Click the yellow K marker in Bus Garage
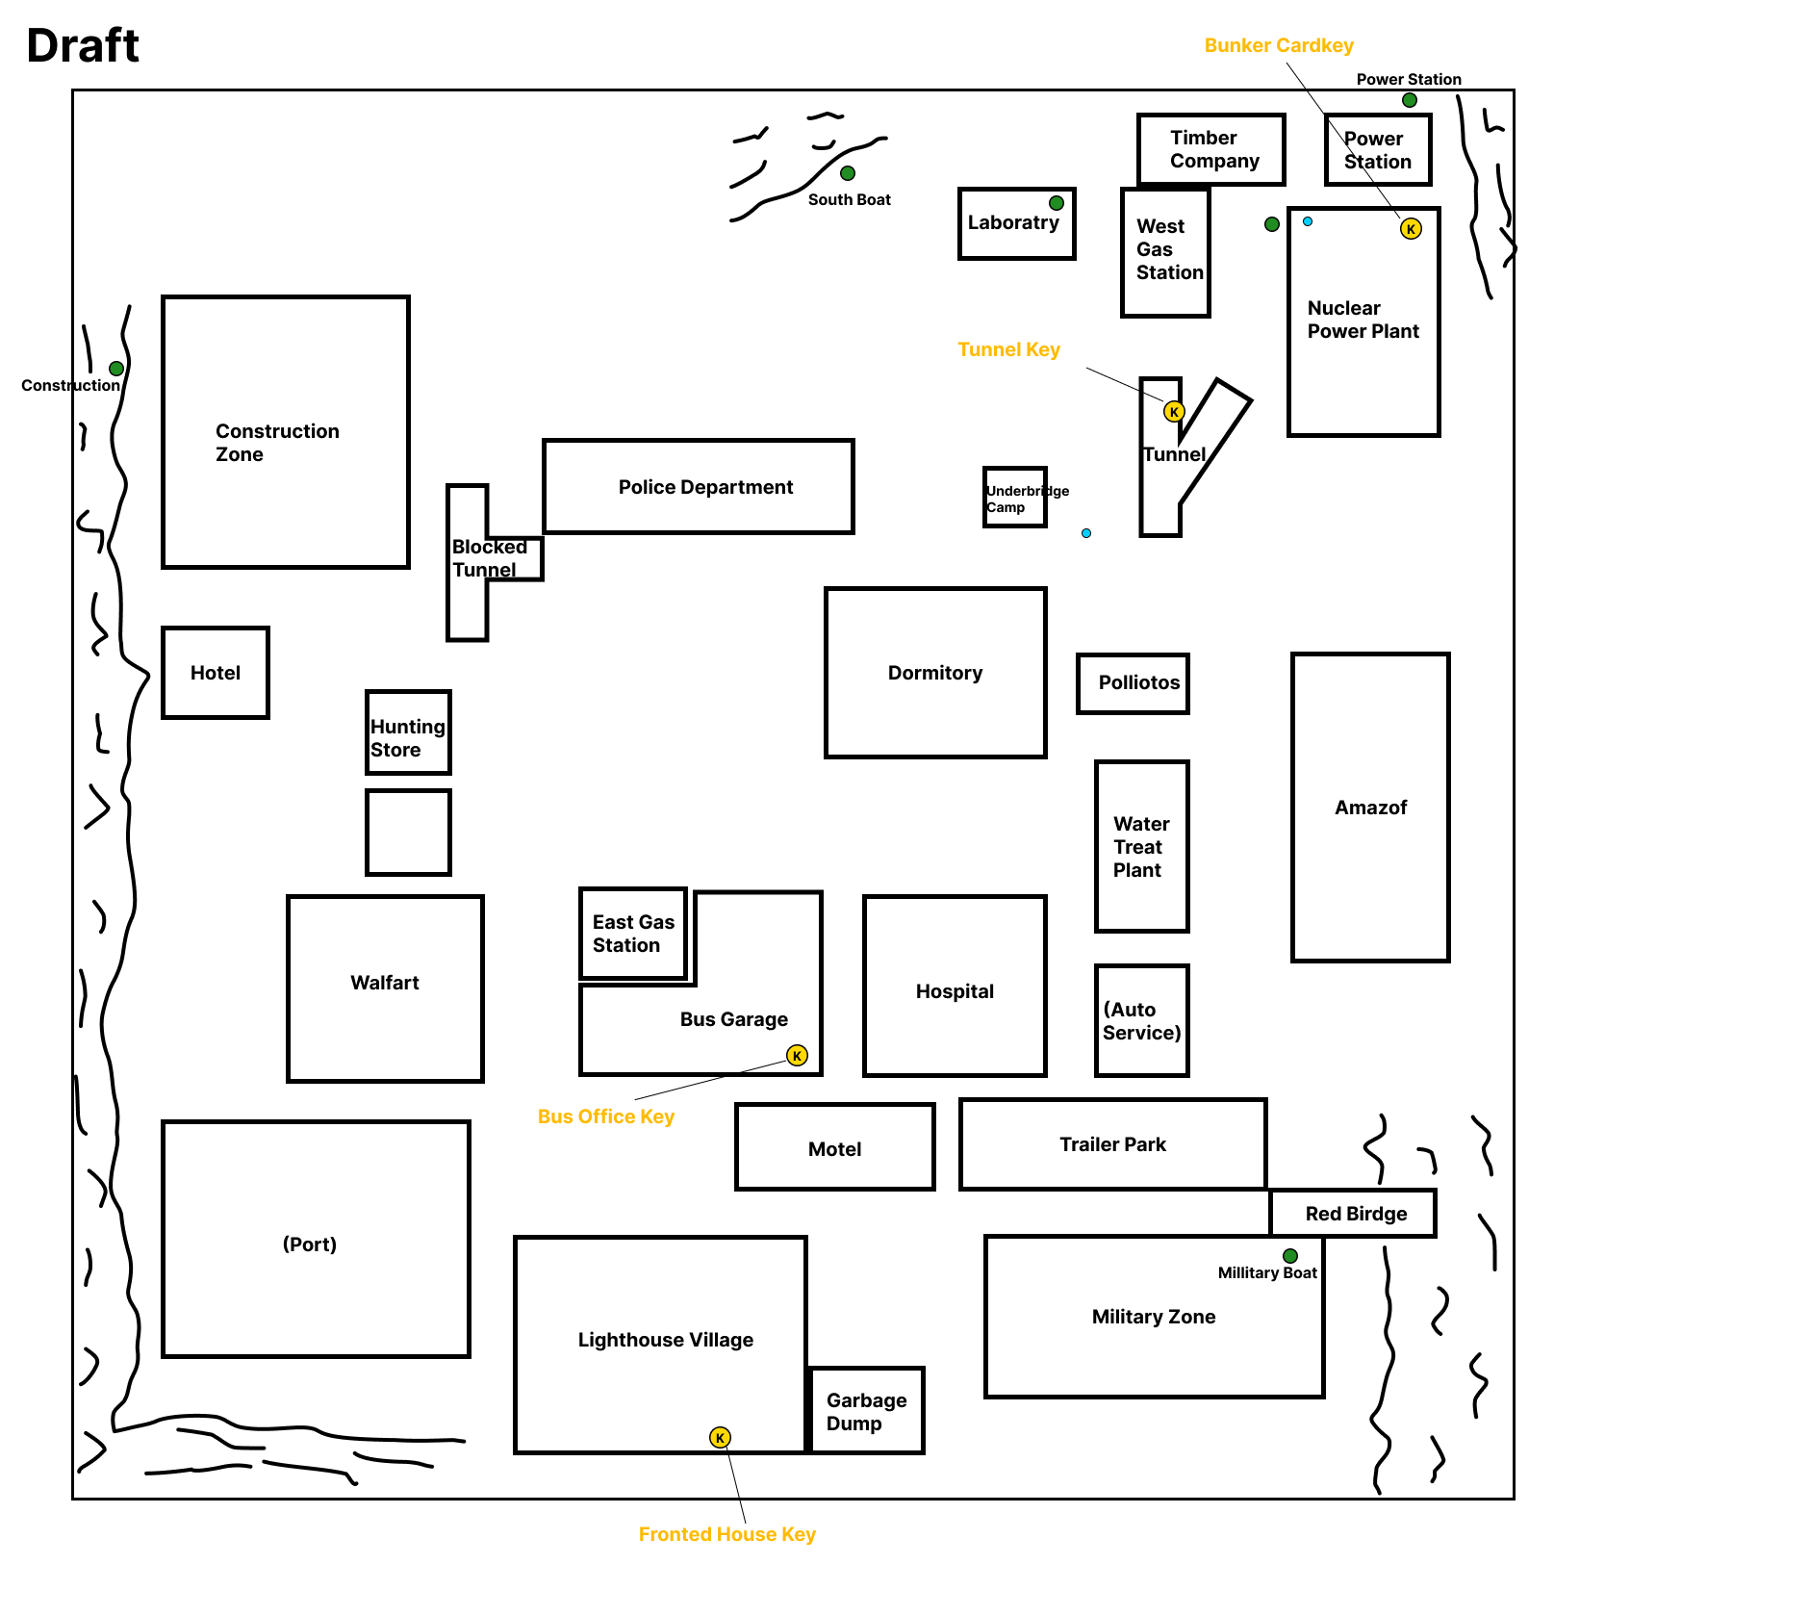(797, 1055)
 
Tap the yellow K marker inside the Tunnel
(1174, 412)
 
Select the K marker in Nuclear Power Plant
(1411, 228)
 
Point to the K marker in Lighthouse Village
(720, 1437)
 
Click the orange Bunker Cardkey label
(1279, 45)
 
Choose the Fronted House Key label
(726, 1534)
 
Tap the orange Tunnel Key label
(1008, 349)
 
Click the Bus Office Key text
(605, 1116)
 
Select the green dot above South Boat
(848, 173)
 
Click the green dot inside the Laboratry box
(1057, 203)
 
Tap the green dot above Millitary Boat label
(1290, 1256)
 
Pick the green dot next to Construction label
(116, 369)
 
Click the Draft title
(83, 45)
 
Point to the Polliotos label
(1139, 682)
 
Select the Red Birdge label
(1356, 1214)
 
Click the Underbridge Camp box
(1015, 498)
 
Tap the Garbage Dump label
(866, 1412)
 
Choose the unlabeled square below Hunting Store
(409, 833)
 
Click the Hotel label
(216, 673)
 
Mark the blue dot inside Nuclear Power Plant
(1308, 221)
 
